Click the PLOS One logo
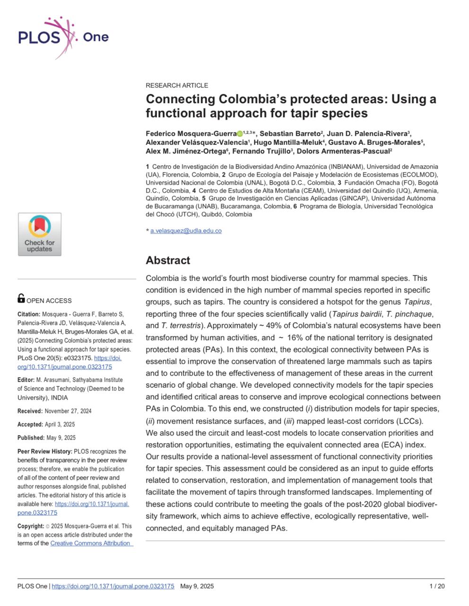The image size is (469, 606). pos(63,37)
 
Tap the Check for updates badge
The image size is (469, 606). pos(40,234)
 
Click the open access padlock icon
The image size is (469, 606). pos(21,298)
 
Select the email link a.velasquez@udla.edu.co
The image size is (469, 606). pos(186,231)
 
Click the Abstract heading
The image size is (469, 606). pos(168,260)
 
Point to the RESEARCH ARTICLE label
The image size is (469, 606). pos(177,86)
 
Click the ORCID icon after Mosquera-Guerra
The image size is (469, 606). pos(240,134)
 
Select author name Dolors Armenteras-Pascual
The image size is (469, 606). pos(344,151)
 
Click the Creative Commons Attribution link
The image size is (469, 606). pos(91,544)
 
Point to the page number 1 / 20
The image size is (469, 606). pos(437,587)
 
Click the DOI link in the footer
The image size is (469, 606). pos(113,587)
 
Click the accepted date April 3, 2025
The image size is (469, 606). pos(56,425)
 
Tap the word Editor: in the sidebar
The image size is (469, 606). pos(26,380)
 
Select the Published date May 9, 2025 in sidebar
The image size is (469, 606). pos(60,438)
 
